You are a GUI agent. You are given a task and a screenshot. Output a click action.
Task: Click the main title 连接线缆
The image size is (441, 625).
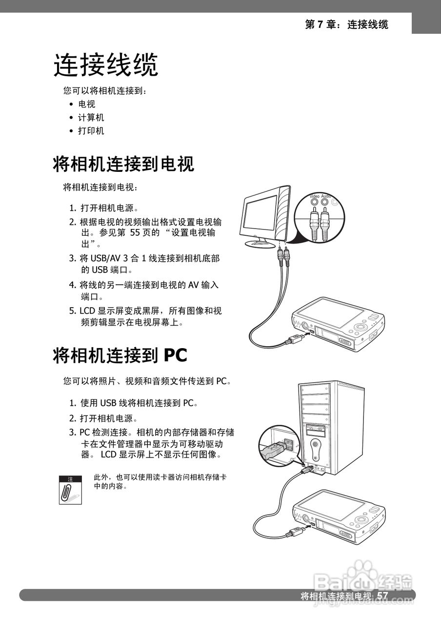106,65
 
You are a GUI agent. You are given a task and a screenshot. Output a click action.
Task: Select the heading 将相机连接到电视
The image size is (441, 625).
123,164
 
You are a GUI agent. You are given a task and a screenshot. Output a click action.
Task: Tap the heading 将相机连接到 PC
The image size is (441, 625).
120,355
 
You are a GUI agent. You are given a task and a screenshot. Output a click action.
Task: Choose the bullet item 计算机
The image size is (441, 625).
91,118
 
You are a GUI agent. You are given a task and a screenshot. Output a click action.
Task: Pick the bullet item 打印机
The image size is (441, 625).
91,131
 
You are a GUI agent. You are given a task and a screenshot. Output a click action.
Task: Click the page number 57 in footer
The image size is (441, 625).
382,596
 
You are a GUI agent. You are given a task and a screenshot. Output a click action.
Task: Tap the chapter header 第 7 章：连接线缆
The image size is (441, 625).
346,24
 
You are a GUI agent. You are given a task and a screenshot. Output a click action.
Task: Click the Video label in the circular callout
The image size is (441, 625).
315,196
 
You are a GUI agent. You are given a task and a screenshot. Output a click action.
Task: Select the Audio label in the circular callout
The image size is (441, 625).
326,196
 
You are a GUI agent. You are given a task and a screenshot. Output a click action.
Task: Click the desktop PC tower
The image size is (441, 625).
332,425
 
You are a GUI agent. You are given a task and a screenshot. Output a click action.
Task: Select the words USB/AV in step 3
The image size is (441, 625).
103,258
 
